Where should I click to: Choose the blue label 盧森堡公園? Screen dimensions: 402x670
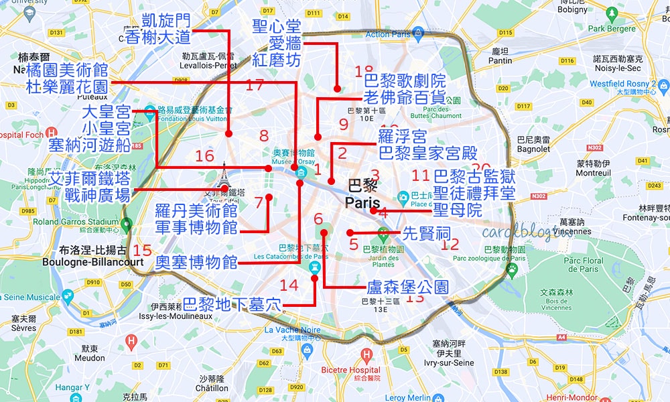[x=407, y=287]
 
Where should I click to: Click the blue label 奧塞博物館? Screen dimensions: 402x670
[x=197, y=262]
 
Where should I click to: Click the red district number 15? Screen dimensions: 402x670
[x=142, y=250]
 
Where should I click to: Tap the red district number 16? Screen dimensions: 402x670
[x=204, y=156]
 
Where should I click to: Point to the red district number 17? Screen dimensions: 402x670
[x=255, y=85]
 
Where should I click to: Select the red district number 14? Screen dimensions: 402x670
[x=289, y=285]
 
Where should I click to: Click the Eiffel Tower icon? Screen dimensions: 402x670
[x=223, y=176]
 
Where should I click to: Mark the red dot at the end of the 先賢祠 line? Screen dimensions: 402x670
[x=350, y=232]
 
